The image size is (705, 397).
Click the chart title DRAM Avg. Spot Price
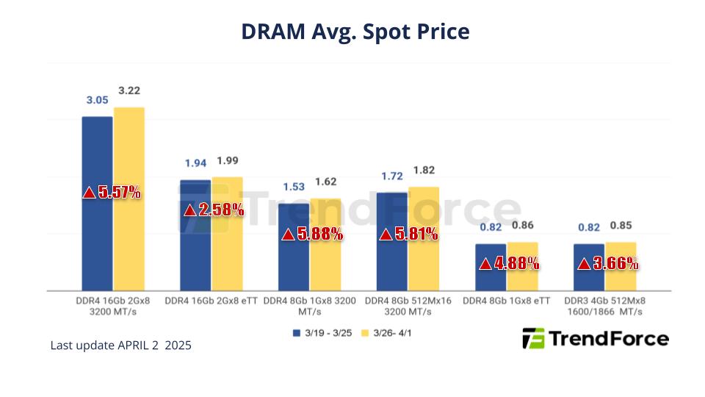[355, 32]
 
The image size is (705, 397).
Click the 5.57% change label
[112, 193]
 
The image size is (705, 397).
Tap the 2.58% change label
[213, 210]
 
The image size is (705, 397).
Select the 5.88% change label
[312, 235]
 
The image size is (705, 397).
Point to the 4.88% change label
[509, 263]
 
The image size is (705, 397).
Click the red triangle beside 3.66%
[584, 263]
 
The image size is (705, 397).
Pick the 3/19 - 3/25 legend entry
[323, 333]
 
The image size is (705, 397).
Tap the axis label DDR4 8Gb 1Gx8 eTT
[506, 301]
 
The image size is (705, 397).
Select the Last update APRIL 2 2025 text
[121, 345]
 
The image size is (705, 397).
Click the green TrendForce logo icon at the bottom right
[533, 338]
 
